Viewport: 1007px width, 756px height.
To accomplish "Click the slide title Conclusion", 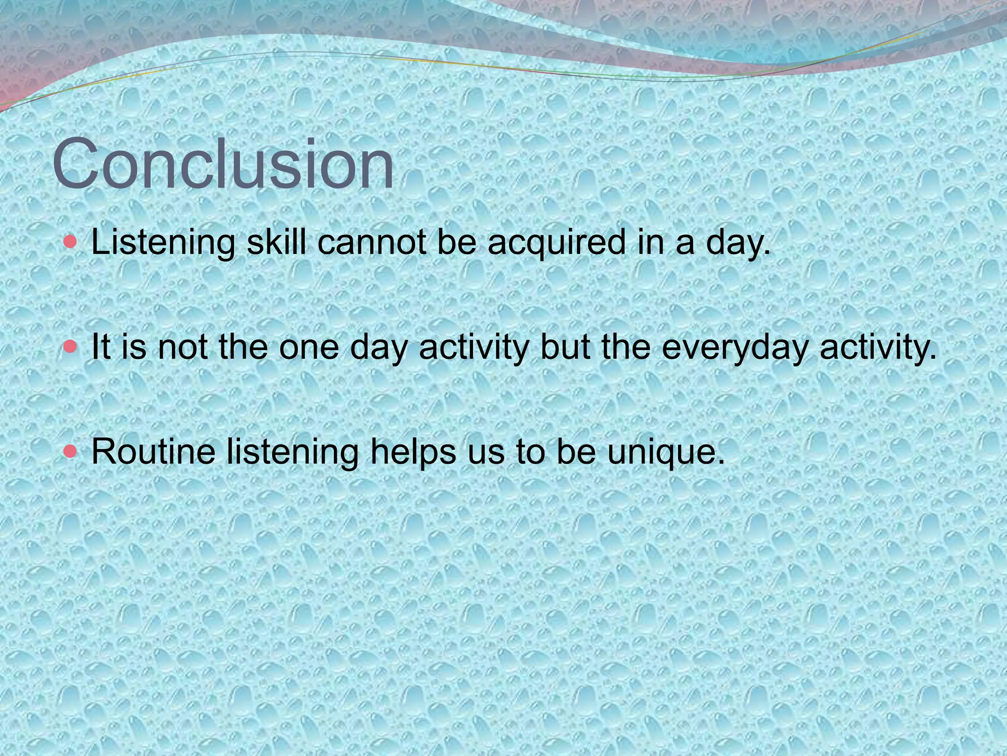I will (x=223, y=163).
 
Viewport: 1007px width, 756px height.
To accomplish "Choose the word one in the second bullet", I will (x=309, y=348).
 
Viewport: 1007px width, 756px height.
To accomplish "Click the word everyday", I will (x=735, y=348).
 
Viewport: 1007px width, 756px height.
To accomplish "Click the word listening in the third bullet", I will (x=293, y=452).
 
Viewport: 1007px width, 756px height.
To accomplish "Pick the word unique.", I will (x=666, y=452).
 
